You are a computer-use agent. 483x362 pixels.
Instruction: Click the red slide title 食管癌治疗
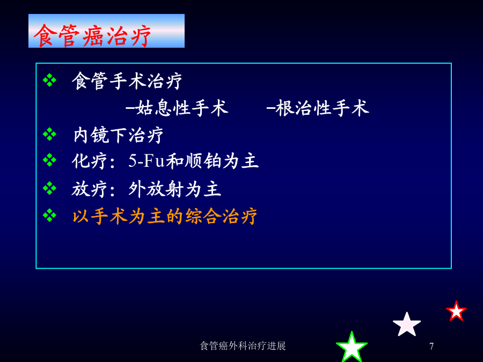coord(92,35)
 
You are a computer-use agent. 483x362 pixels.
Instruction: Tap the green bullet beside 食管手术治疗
coord(49,80)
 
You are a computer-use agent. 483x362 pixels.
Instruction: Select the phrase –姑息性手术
coord(177,108)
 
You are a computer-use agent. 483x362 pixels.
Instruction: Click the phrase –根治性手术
coord(318,108)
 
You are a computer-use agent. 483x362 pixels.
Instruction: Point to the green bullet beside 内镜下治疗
coord(49,135)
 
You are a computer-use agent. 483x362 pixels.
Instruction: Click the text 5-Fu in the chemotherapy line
coord(147,161)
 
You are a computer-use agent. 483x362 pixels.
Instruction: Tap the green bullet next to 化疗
coord(49,160)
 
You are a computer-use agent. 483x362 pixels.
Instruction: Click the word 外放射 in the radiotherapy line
coord(156,189)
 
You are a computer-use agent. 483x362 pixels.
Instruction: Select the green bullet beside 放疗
coord(49,188)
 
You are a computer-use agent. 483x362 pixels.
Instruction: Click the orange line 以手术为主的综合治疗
coord(165,216)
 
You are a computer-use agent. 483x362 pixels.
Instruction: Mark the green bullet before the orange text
coord(49,215)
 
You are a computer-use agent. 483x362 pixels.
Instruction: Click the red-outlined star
coord(456,312)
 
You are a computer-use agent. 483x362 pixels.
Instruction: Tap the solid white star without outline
coord(407,325)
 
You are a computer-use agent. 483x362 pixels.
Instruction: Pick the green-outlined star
coord(352,348)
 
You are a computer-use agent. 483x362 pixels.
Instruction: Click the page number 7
coord(431,346)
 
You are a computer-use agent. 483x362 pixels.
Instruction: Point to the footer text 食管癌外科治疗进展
coord(243,346)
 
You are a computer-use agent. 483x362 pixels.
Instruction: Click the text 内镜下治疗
coord(118,135)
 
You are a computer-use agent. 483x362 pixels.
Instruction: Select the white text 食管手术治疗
coord(127,82)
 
